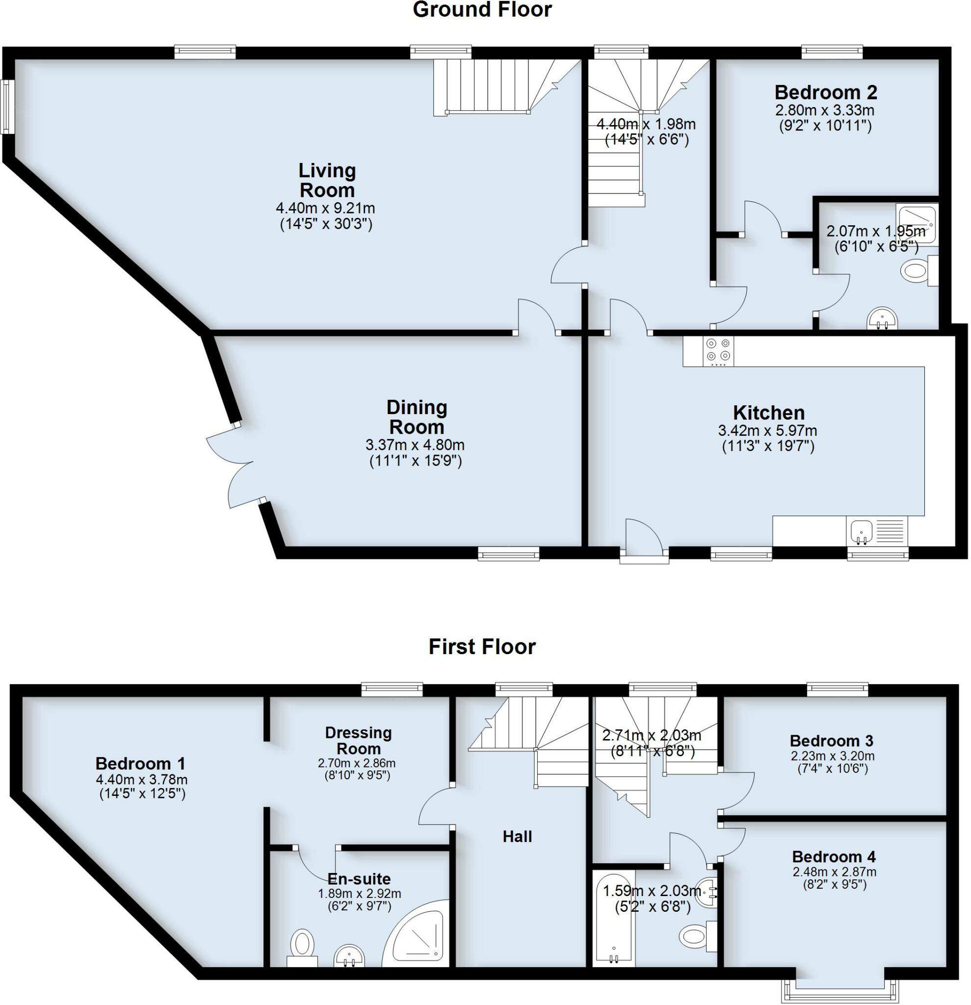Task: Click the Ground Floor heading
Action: [482, 10]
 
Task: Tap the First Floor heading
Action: [482, 647]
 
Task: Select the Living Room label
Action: [327, 180]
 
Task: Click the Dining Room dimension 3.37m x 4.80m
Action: [415, 445]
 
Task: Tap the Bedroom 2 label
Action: [825, 92]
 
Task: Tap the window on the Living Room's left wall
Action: [7, 106]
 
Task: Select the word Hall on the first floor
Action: [517, 836]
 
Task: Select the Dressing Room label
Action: [358, 741]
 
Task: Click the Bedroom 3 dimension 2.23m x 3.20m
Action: [832, 756]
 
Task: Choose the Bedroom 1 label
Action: [140, 764]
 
